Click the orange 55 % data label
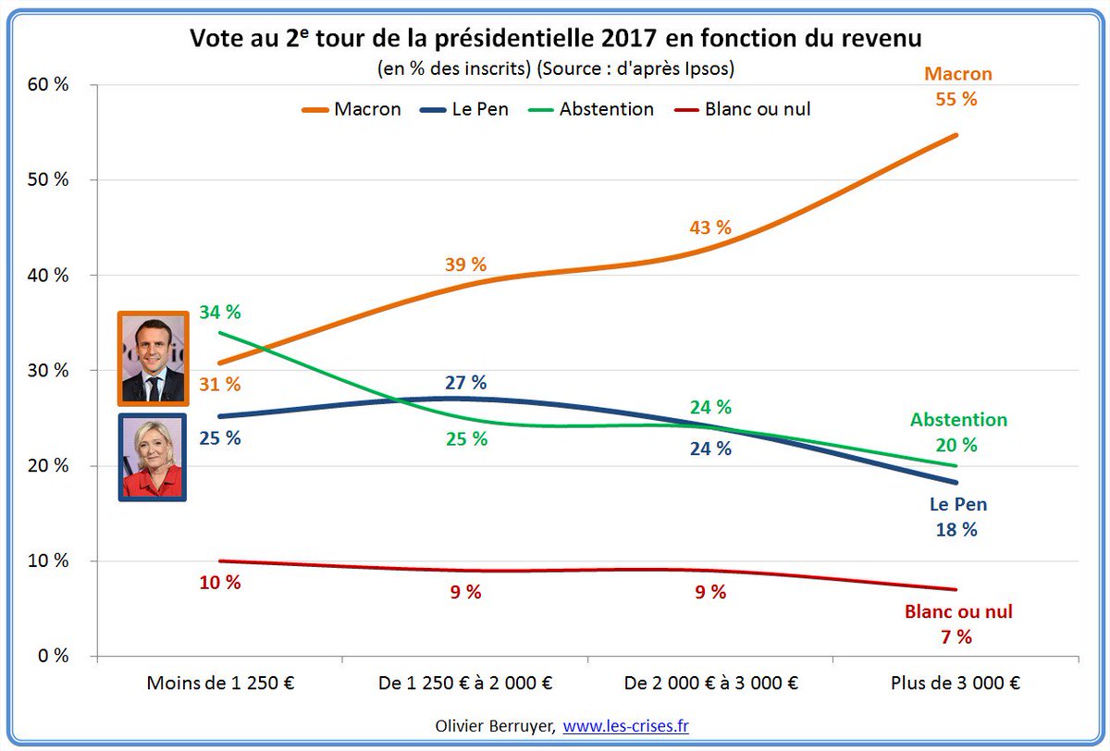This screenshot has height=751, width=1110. click(x=956, y=98)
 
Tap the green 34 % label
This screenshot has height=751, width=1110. click(x=219, y=313)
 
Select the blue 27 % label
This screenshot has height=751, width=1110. click(x=465, y=383)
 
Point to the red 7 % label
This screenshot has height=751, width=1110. click(x=956, y=636)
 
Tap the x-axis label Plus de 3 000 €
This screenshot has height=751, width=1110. click(x=956, y=683)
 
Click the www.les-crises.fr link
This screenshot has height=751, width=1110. click(x=625, y=726)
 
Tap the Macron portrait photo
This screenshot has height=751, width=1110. click(x=153, y=359)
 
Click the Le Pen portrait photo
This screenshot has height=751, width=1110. click(x=153, y=457)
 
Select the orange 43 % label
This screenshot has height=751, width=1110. click(x=710, y=228)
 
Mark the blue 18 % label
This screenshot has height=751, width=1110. click(x=956, y=529)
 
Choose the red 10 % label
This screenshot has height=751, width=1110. click(x=219, y=583)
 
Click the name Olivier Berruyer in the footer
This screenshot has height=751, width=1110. click(x=494, y=726)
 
